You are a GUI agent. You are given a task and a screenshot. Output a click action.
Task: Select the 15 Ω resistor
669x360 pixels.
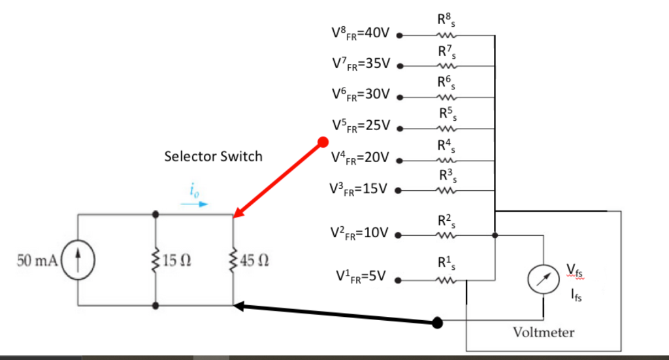[x=155, y=260]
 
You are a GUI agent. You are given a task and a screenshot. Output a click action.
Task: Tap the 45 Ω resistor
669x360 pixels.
[x=233, y=260]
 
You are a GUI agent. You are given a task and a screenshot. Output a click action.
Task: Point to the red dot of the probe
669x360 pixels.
[x=322, y=142]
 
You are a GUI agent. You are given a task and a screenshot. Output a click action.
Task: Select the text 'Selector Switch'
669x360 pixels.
[x=213, y=157]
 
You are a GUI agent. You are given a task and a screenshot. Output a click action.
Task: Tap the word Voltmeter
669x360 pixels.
[x=544, y=333]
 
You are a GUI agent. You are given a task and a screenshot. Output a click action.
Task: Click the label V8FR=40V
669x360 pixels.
[x=361, y=33]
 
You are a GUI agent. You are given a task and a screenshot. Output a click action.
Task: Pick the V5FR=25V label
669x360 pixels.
[x=361, y=125]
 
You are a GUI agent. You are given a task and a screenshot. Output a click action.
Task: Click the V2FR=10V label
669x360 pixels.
[x=361, y=233]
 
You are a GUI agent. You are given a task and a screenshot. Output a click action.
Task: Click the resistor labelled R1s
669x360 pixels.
[x=446, y=282]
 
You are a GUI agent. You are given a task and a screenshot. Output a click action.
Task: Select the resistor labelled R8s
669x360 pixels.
[x=446, y=36]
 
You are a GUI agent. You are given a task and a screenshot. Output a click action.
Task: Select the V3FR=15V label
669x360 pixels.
[x=361, y=189]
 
